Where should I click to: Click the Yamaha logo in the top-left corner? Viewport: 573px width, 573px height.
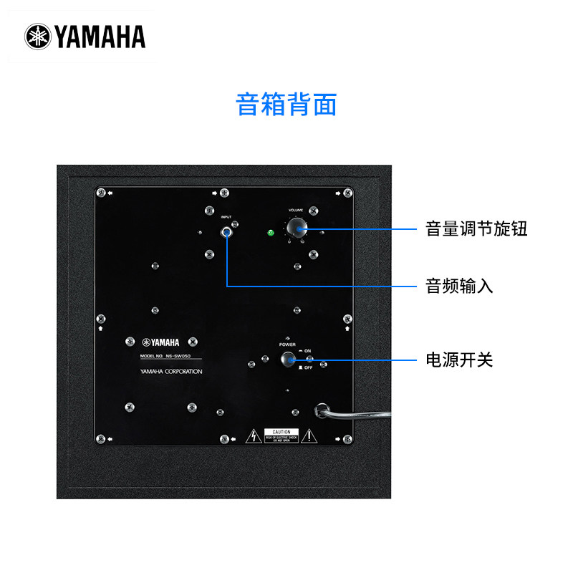[85, 37]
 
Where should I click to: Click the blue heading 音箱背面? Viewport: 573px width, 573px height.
[286, 105]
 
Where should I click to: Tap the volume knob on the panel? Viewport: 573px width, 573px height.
[296, 228]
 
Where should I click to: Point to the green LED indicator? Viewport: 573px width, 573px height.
[271, 232]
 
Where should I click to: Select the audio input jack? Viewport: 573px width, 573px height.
[227, 231]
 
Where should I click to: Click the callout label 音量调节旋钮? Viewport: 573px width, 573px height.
[476, 229]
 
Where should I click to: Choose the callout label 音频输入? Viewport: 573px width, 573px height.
[459, 286]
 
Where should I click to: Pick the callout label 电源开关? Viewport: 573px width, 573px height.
[459, 360]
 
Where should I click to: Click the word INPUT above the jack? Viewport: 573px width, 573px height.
[226, 216]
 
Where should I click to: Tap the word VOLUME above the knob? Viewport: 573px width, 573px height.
[296, 211]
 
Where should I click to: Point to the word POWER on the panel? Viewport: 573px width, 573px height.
[287, 344]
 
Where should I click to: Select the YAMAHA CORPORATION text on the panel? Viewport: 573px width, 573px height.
[172, 372]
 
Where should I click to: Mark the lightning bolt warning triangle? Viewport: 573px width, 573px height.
[253, 435]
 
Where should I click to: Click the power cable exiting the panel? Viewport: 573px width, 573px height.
[358, 413]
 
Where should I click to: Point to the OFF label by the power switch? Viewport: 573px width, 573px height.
[308, 367]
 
